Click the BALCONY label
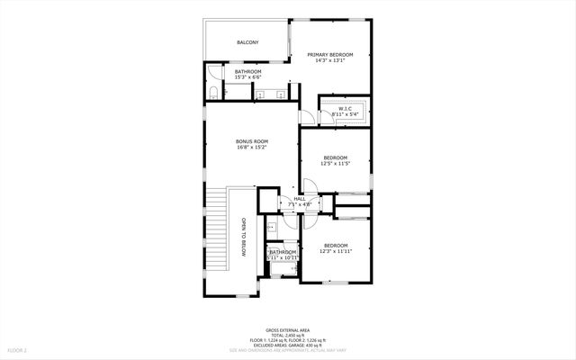pyautogui.click(x=247, y=42)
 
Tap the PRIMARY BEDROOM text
pyautogui.click(x=329, y=55)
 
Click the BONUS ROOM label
pyautogui.click(x=252, y=141)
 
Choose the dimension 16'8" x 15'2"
pyautogui.click(x=252, y=148)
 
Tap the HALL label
pyautogui.click(x=300, y=199)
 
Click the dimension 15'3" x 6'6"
pyautogui.click(x=247, y=77)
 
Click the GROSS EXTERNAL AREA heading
pyautogui.click(x=287, y=329)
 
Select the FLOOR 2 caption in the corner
pyautogui.click(x=18, y=349)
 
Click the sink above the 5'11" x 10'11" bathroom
pyautogui.click(x=271, y=227)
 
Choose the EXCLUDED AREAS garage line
pyautogui.click(x=287, y=344)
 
